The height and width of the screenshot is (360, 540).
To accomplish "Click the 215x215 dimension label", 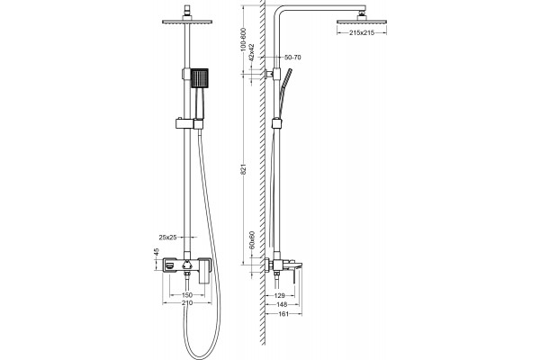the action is [362, 32].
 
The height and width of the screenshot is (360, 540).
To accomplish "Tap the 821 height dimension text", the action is [244, 169].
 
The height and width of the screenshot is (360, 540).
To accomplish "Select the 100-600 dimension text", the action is [244, 40].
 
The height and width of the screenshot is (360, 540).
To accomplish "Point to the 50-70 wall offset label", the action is [292, 58].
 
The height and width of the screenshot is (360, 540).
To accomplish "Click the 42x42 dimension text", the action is [252, 52].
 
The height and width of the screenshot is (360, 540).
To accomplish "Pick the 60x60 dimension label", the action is [252, 240].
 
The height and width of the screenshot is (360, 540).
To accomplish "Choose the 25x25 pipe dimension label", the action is [167, 237].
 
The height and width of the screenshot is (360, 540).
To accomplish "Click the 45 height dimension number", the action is [157, 252].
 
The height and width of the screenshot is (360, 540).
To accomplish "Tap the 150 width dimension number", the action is [187, 295].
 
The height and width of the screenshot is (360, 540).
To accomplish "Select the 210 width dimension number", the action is [187, 303].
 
